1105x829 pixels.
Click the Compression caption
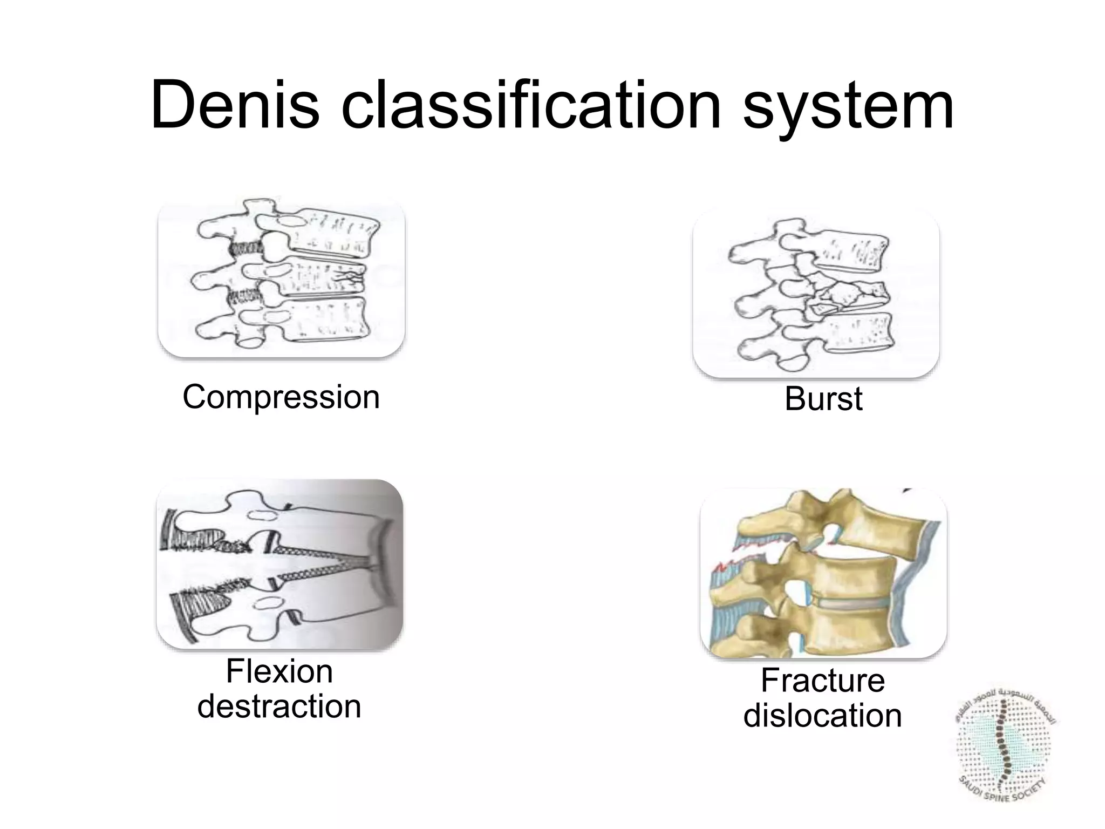pyautogui.click(x=281, y=397)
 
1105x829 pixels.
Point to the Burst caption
pyautogui.click(x=823, y=399)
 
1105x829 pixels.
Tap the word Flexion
pyautogui.click(x=279, y=672)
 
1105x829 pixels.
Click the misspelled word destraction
pyautogui.click(x=279, y=706)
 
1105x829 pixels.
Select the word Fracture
pyautogui.click(x=822, y=681)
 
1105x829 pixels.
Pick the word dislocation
pyautogui.click(x=822, y=716)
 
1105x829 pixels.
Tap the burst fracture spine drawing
pyautogui.click(x=816, y=294)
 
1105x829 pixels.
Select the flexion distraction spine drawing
pyautogui.click(x=279, y=564)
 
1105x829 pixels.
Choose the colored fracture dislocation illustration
pyautogui.click(x=823, y=574)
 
